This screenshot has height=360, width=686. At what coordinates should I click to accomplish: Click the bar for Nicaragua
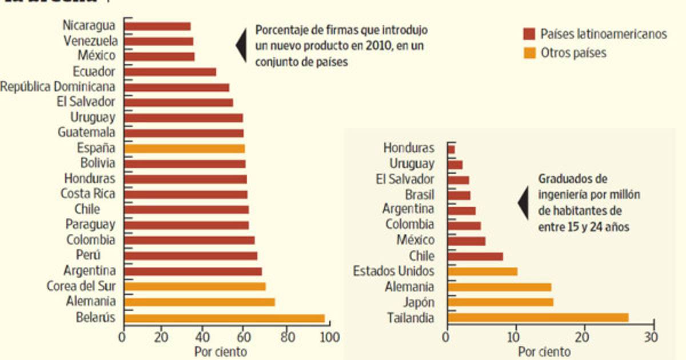click(x=157, y=26)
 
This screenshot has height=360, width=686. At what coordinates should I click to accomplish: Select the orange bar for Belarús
click(x=224, y=318)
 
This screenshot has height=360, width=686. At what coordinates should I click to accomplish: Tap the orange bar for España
click(x=184, y=149)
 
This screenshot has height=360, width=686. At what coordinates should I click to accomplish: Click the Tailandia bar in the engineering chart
click(x=538, y=318)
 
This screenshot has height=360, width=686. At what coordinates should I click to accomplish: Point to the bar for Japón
click(x=500, y=302)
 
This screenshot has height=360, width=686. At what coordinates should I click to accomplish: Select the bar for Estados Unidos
click(x=482, y=271)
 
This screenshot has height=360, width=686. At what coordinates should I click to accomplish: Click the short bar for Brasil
click(x=459, y=195)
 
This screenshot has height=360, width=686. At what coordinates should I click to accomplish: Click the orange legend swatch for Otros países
click(x=529, y=53)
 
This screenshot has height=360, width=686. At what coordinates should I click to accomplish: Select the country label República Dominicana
click(x=58, y=87)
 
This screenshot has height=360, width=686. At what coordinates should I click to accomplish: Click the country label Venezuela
click(x=90, y=41)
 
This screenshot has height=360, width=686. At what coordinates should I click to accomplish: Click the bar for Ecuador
click(x=170, y=72)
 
